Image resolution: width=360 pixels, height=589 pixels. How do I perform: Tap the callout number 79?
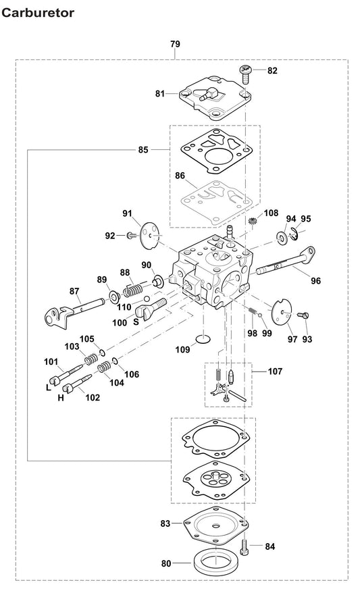[x=175, y=45]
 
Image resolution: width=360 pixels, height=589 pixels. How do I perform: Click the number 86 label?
[x=180, y=176]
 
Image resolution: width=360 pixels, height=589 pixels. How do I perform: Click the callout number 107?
[x=275, y=371]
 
